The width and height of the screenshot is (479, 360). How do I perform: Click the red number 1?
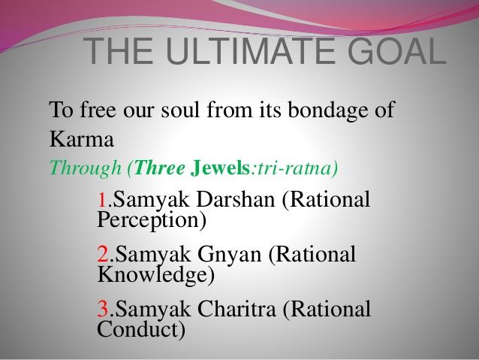pos(103,201)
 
